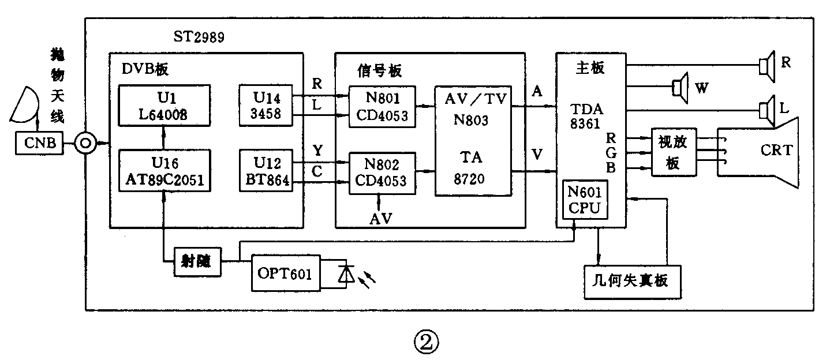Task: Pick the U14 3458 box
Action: (266, 106)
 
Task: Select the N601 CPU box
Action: (586, 200)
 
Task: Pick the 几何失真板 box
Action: (632, 282)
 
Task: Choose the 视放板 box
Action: (673, 152)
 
